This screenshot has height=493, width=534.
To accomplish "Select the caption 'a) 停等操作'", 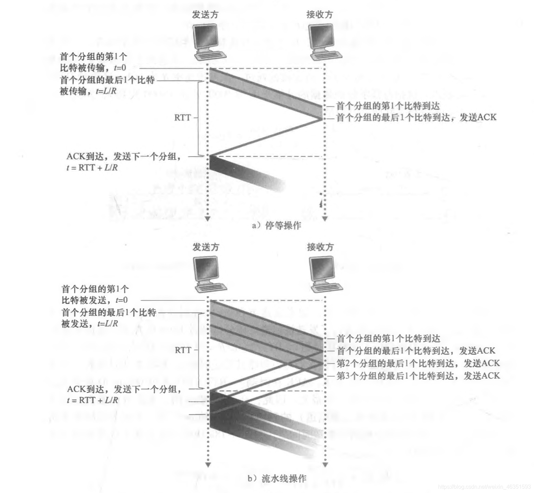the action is tap(276, 226).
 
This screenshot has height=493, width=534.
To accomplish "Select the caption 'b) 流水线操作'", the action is tap(277, 478).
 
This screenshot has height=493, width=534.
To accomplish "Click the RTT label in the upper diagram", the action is tap(183, 118).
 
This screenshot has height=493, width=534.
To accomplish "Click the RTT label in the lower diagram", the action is tap(183, 350).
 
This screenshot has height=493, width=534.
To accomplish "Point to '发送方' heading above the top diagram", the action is tap(205, 15).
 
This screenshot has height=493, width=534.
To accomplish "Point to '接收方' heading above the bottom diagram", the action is tap(320, 247).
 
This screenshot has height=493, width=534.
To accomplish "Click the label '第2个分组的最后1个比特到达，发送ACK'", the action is tap(418, 363).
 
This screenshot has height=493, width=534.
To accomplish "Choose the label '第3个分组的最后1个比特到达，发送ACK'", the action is tap(418, 376).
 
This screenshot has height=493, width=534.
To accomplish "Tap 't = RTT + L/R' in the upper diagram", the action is tap(92, 168).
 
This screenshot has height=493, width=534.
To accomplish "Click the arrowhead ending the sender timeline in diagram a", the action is tap(208, 219).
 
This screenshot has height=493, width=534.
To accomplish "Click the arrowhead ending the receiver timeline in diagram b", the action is tap(325, 465).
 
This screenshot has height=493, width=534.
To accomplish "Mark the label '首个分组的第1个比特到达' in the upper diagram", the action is tap(388, 106).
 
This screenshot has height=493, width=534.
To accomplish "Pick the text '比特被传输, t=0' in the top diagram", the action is tap(93, 68).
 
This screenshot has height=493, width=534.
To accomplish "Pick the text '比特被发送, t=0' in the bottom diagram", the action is tap(94, 300).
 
